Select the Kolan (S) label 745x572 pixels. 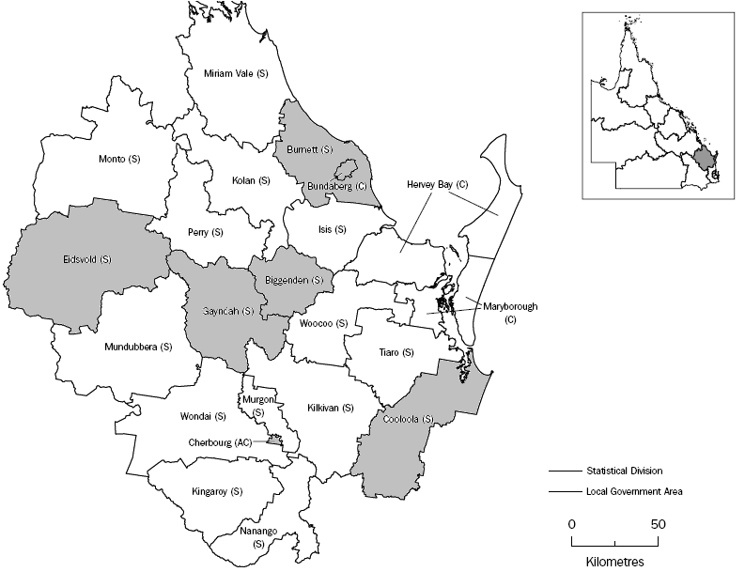click(x=251, y=180)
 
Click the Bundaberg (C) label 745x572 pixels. click(x=335, y=187)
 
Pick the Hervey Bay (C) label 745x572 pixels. click(x=438, y=185)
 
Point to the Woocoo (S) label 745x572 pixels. click(x=323, y=324)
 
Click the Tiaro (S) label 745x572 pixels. click(x=395, y=352)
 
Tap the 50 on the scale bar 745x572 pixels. click(x=659, y=523)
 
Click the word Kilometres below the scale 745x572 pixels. click(x=613, y=560)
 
